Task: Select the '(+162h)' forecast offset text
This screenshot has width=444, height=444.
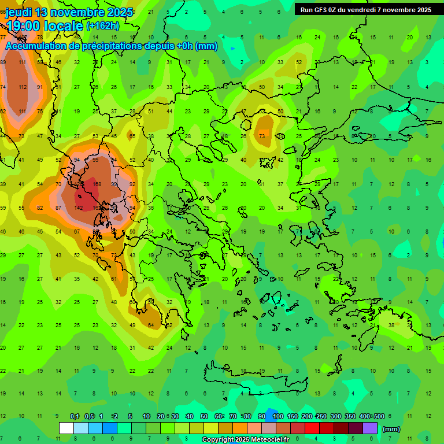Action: tap(102, 26)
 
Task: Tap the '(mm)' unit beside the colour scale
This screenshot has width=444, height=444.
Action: tap(391, 429)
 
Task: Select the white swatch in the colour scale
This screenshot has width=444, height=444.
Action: tap(66, 428)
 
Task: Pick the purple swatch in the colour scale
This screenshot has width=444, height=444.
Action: tap(370, 428)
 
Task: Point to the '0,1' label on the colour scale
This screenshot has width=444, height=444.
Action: tap(75, 416)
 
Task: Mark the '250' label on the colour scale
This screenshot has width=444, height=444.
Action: tap(321, 416)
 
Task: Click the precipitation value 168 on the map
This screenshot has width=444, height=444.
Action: tap(96, 184)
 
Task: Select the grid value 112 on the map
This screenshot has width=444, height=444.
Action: tap(23, 87)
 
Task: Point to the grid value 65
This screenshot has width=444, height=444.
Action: tap(132, 136)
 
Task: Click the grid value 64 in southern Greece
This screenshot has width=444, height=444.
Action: tap(151, 325)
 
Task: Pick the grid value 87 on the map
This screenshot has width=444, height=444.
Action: tap(58, 208)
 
